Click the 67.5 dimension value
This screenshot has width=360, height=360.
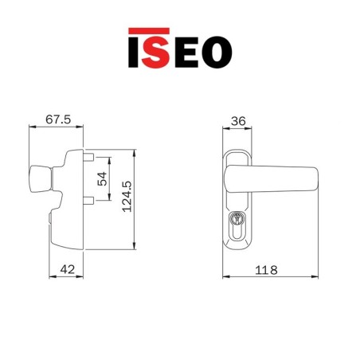coord(57,119)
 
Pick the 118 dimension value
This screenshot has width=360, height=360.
coord(267,270)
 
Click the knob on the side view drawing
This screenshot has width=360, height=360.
coord(40,179)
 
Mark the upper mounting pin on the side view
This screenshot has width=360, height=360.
coord(90,157)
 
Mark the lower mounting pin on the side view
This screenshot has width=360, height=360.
coord(90,200)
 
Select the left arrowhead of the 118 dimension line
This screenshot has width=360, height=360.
coord(224,277)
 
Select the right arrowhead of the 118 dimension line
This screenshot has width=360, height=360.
coord(317,277)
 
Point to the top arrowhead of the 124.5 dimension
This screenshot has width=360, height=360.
coord(136,149)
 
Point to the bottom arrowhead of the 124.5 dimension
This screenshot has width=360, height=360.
coord(136,246)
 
